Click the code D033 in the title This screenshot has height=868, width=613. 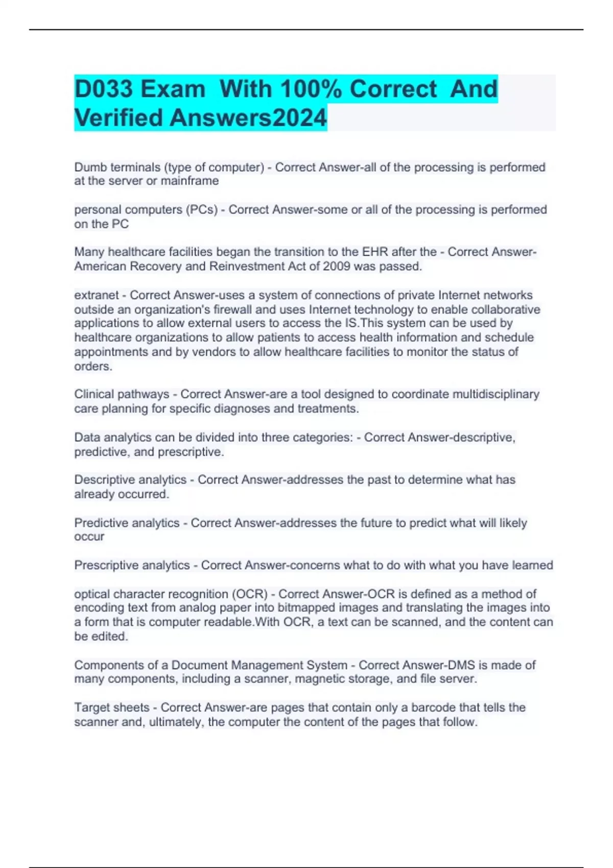pyautogui.click(x=104, y=89)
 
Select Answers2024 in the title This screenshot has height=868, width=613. pyautogui.click(x=248, y=117)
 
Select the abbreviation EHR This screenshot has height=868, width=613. pyautogui.click(x=375, y=252)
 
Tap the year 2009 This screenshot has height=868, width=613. pyautogui.click(x=337, y=267)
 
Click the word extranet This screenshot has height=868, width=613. pyautogui.click(x=96, y=295)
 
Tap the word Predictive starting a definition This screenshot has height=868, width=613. pyautogui.click(x=101, y=523)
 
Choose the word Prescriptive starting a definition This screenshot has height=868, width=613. pyautogui.click(x=106, y=565)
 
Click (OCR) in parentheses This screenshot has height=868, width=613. pyautogui.click(x=250, y=594)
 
